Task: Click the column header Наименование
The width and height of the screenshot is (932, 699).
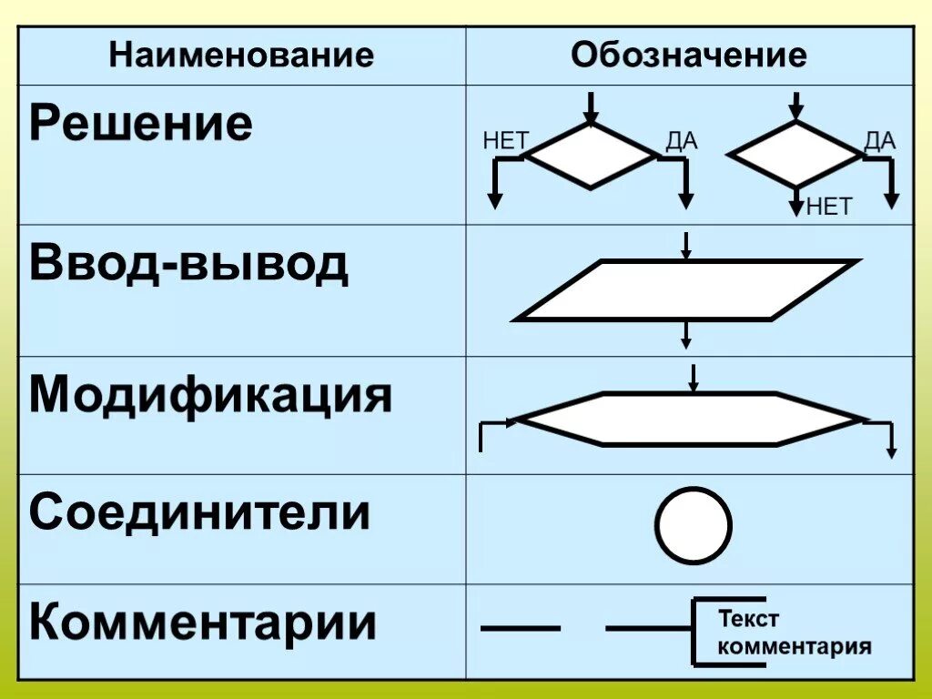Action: tap(241, 56)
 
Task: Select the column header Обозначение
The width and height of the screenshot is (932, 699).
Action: tap(689, 56)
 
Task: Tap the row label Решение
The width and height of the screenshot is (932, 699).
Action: tap(140, 125)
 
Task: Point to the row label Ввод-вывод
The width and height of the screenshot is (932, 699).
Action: tap(188, 263)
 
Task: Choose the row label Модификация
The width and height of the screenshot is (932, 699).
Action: tap(211, 396)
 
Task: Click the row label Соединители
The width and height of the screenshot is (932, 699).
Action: tap(199, 512)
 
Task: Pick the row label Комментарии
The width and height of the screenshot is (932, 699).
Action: tap(202, 623)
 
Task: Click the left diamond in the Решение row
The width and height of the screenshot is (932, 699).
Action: tap(592, 156)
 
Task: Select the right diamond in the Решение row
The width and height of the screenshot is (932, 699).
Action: tap(796, 156)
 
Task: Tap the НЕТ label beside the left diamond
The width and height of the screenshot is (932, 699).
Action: tap(506, 141)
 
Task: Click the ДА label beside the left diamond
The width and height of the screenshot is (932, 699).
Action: tap(682, 141)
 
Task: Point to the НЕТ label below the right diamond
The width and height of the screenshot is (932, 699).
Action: tap(828, 208)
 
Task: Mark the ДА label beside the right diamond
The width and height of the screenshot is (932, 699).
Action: tap(880, 141)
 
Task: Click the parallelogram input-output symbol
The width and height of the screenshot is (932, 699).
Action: tap(686, 290)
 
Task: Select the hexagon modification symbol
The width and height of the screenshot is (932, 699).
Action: tap(690, 420)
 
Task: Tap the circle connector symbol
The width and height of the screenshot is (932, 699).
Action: tap(694, 526)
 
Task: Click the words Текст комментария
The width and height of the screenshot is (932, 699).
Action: tap(794, 633)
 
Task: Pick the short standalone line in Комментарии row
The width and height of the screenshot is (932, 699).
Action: tap(520, 628)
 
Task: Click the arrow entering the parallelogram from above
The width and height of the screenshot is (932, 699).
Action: tap(686, 246)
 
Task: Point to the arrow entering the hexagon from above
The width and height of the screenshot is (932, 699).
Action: tap(694, 378)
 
